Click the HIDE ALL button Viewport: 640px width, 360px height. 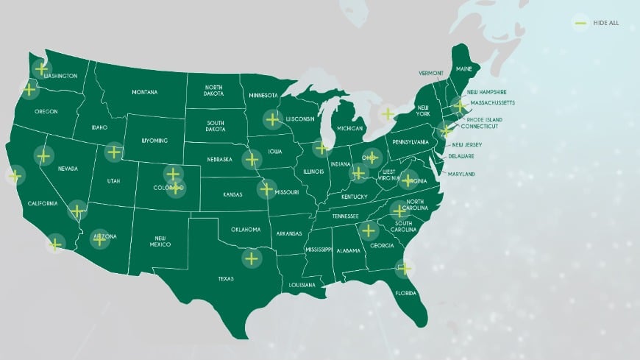tap(597, 23)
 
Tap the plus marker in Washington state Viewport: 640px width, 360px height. tap(41, 68)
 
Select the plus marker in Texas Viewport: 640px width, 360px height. tap(252, 258)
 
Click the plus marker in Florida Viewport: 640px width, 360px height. tap(404, 269)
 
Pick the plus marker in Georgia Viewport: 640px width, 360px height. tap(369, 231)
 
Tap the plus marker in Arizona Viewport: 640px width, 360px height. tap(99, 239)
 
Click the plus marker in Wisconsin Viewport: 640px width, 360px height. tap(273, 119)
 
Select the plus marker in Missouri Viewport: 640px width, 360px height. tap(266, 188)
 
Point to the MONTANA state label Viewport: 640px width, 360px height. tap(145, 92)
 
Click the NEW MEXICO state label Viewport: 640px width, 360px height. tap(162, 242)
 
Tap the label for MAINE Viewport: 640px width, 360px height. tap(464, 68)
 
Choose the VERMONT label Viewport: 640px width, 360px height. tap(431, 73)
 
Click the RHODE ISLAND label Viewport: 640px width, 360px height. tap(484, 119)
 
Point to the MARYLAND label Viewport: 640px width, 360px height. tap(461, 174)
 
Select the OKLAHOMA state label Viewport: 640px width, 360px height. tap(246, 229)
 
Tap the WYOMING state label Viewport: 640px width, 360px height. tap(154, 140)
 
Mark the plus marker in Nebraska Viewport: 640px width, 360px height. tap(252, 159)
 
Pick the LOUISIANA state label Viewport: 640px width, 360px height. tap(302, 284)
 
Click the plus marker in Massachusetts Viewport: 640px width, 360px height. tap(459, 106)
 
